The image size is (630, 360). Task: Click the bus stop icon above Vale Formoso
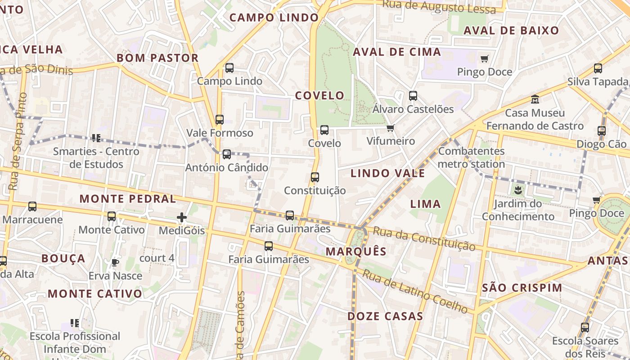click(x=220, y=120)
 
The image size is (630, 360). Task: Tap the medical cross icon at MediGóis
click(x=182, y=218)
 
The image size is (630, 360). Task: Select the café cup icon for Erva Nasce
click(x=115, y=262)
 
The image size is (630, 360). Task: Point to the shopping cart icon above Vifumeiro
click(x=390, y=128)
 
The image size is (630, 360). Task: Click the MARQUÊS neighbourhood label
click(x=356, y=252)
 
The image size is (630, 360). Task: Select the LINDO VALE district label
click(x=387, y=173)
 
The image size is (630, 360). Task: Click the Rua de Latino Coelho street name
click(x=416, y=291)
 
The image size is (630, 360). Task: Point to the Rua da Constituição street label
click(x=424, y=239)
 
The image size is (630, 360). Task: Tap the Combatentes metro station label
click(x=471, y=157)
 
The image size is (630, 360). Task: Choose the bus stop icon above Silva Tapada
click(x=598, y=68)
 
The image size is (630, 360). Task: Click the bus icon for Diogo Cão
click(x=602, y=131)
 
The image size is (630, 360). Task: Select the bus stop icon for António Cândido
click(x=227, y=154)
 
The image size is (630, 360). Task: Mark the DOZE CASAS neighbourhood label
click(x=385, y=316)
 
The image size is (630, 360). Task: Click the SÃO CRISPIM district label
click(x=522, y=288)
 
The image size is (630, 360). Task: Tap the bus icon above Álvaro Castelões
click(x=413, y=96)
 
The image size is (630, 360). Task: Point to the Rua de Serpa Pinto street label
click(x=17, y=141)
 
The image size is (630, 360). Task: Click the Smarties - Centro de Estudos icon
click(x=95, y=138)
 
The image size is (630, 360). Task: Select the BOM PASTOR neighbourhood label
click(x=157, y=58)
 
